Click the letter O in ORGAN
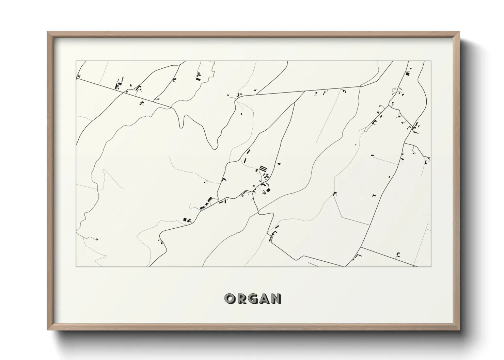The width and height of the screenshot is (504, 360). [x=229, y=298]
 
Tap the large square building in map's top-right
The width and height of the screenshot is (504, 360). [x=407, y=73]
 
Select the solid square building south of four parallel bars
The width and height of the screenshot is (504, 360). [x=268, y=190]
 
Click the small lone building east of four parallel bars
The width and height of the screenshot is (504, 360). [x=279, y=164]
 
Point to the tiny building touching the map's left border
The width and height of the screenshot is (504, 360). [x=78, y=76]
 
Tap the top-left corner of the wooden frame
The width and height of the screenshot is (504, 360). [x=48, y=32]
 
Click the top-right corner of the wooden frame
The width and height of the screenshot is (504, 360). [x=459, y=32]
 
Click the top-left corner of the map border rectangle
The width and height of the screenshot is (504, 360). [x=76, y=61]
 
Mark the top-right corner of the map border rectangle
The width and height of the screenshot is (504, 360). [x=431, y=61]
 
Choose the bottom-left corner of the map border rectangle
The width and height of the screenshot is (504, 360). [x=76, y=266]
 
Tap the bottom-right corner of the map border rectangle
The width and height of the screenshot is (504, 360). [x=431, y=266]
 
